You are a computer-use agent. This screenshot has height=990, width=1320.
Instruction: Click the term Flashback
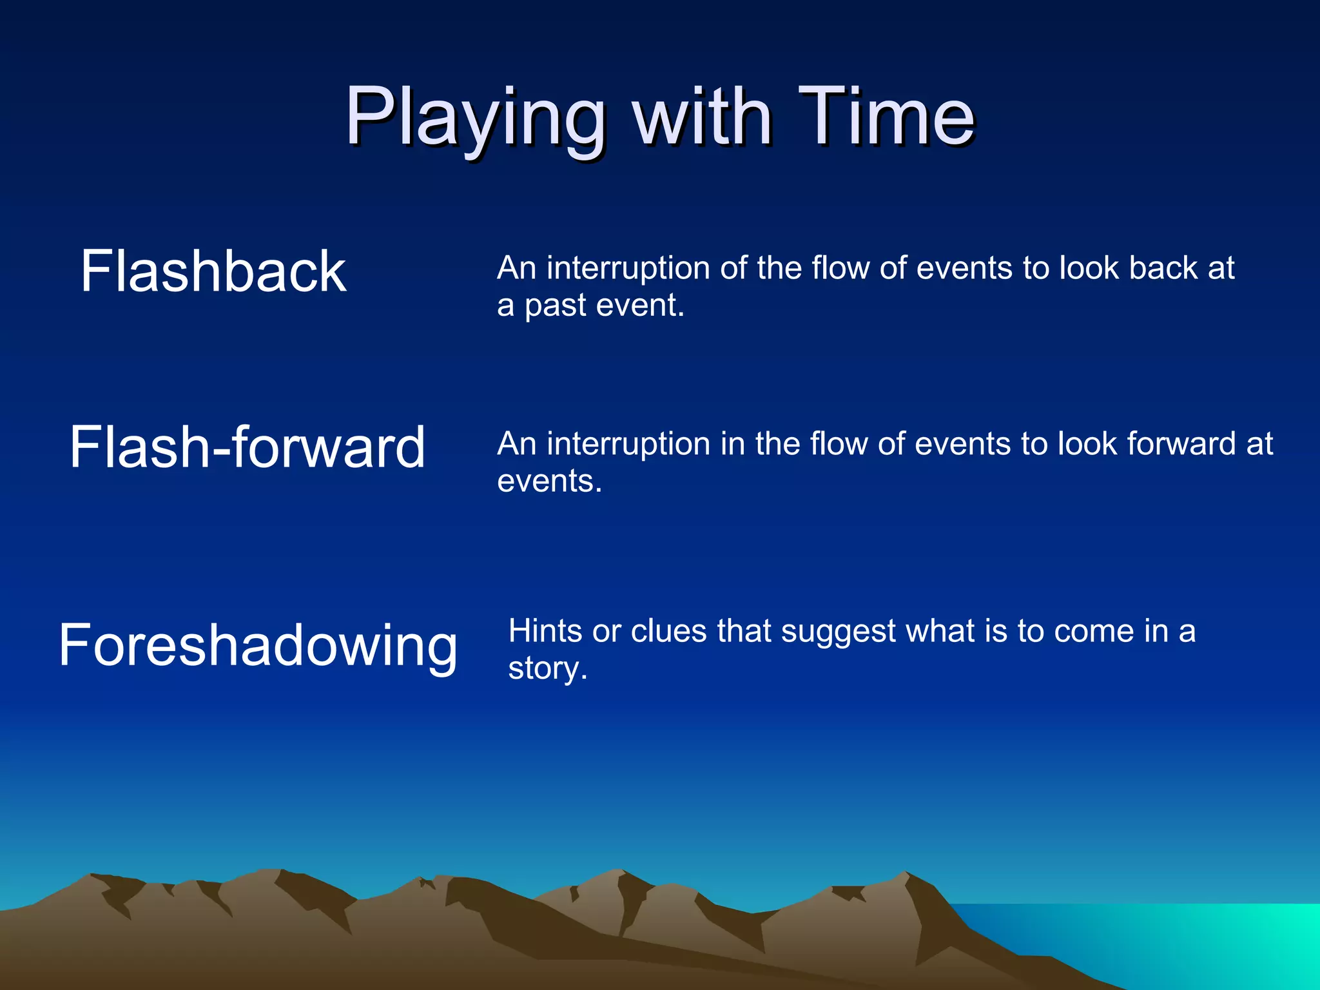coord(213,272)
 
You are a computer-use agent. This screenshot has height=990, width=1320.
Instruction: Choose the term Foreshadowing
coord(258,645)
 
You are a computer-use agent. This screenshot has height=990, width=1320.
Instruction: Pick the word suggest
coord(838,632)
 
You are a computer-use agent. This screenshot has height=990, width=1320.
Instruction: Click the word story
coord(547,668)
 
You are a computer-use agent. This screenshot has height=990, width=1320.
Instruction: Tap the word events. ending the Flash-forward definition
coord(549,481)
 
